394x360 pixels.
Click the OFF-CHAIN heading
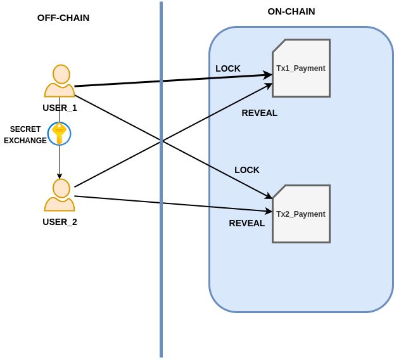point(63,18)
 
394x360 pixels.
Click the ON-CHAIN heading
point(291,11)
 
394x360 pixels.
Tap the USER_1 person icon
point(60,80)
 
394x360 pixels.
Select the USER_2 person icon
point(60,195)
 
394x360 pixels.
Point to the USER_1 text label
point(60,108)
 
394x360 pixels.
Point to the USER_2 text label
point(60,222)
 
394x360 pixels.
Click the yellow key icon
point(59,134)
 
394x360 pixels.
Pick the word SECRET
point(25,129)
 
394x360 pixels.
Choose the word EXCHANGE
point(25,141)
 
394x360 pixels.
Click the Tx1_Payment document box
point(301,68)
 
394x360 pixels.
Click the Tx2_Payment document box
point(301,214)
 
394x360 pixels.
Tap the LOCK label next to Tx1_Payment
point(228,68)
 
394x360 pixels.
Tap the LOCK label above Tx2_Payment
point(247,170)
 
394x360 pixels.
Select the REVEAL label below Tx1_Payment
point(260,113)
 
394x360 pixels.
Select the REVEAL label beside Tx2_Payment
point(247,223)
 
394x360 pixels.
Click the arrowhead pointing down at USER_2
point(60,176)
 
